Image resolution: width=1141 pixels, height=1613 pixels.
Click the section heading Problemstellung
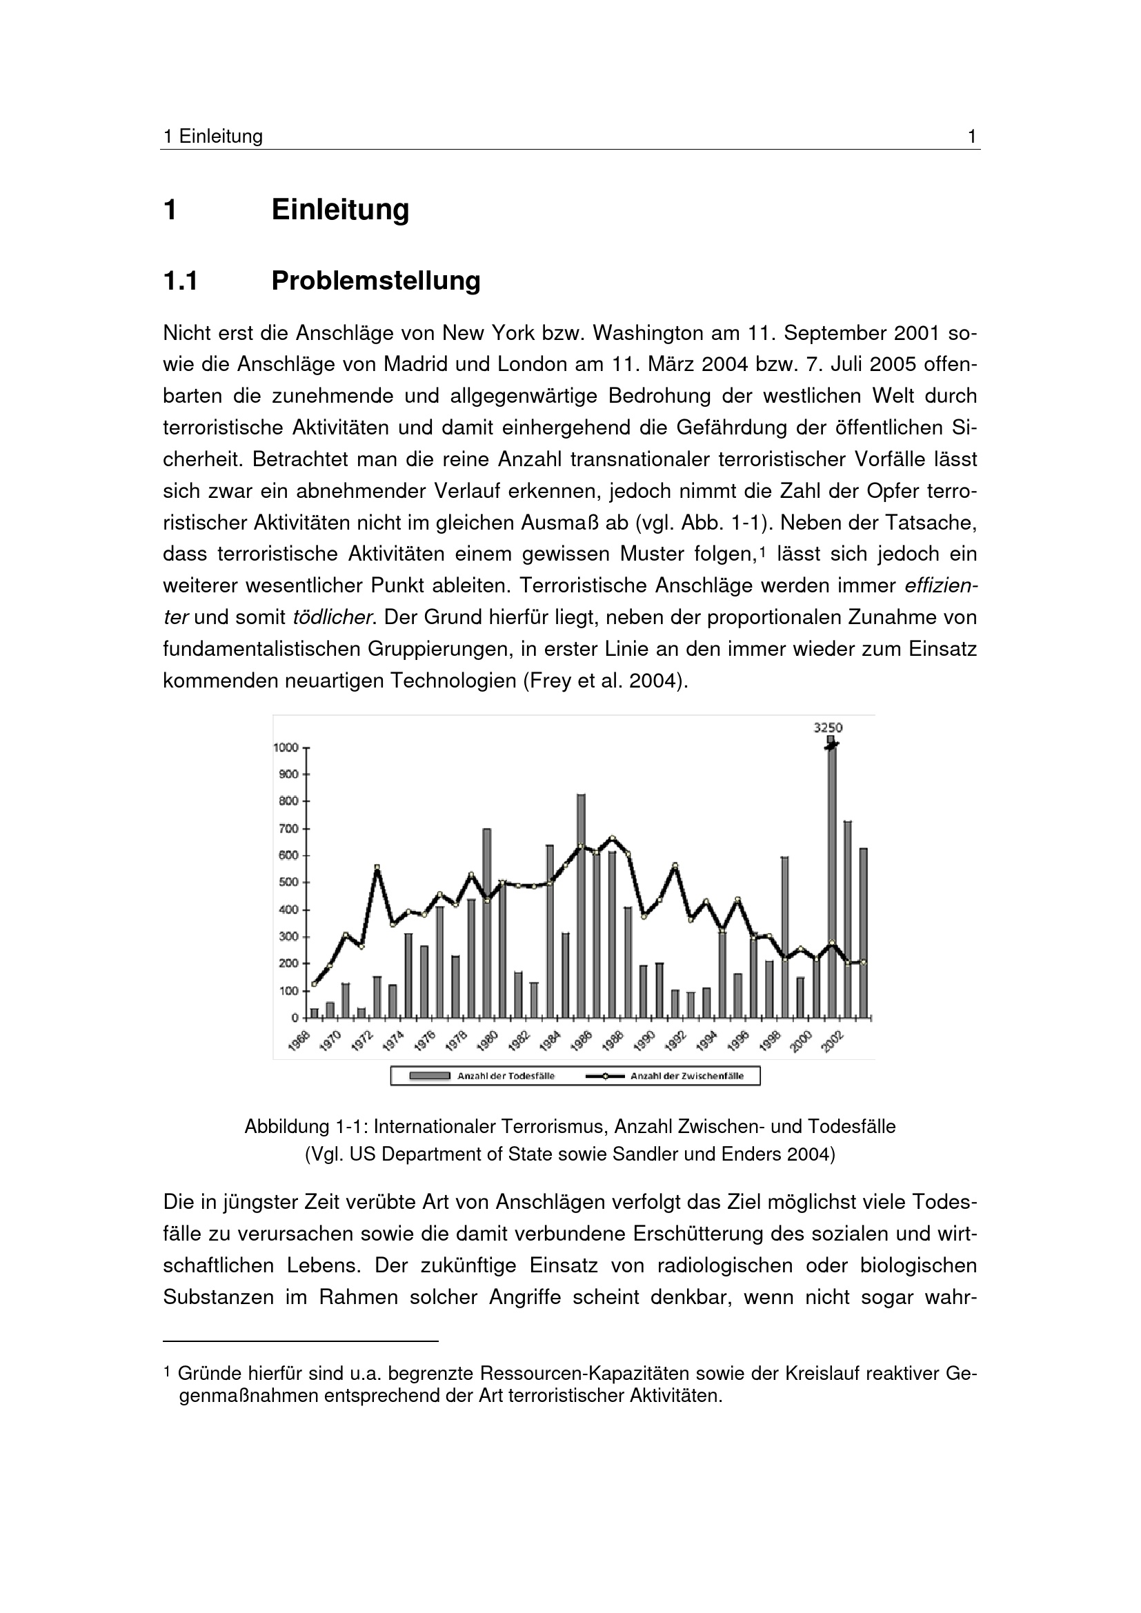coord(375,280)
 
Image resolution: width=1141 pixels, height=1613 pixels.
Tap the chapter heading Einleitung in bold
coord(340,210)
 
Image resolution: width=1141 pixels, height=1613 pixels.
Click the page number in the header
coord(972,137)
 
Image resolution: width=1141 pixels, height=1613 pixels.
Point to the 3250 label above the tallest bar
coord(828,728)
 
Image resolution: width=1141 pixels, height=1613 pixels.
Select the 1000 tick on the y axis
coord(286,748)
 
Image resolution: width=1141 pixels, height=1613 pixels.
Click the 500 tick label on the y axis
coord(289,883)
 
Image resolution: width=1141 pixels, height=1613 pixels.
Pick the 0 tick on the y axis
coord(295,1017)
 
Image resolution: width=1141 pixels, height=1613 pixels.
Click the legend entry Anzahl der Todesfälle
coord(506,1076)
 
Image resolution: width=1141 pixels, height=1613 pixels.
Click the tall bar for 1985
coord(581,906)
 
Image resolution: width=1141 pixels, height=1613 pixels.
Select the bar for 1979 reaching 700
coord(486,923)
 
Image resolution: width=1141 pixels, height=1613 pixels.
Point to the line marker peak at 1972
coord(377,868)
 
